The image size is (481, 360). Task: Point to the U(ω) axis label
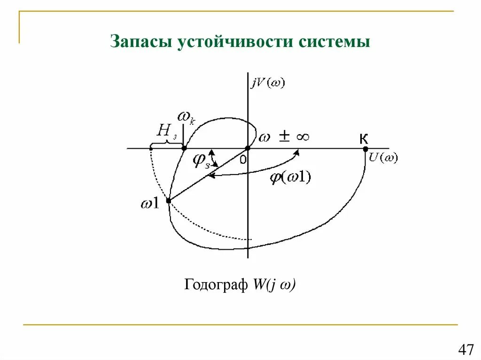[x=383, y=158]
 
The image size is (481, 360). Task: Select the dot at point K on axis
[x=365, y=149]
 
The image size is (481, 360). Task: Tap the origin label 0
[x=242, y=160]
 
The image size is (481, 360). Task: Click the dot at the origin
[x=248, y=149]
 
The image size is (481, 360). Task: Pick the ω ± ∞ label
[x=284, y=137]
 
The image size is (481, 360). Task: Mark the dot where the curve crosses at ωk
[x=184, y=149]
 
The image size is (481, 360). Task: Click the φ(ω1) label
[x=291, y=178]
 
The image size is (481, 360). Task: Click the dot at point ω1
[x=169, y=200]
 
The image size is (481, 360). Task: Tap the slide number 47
[x=465, y=350]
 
